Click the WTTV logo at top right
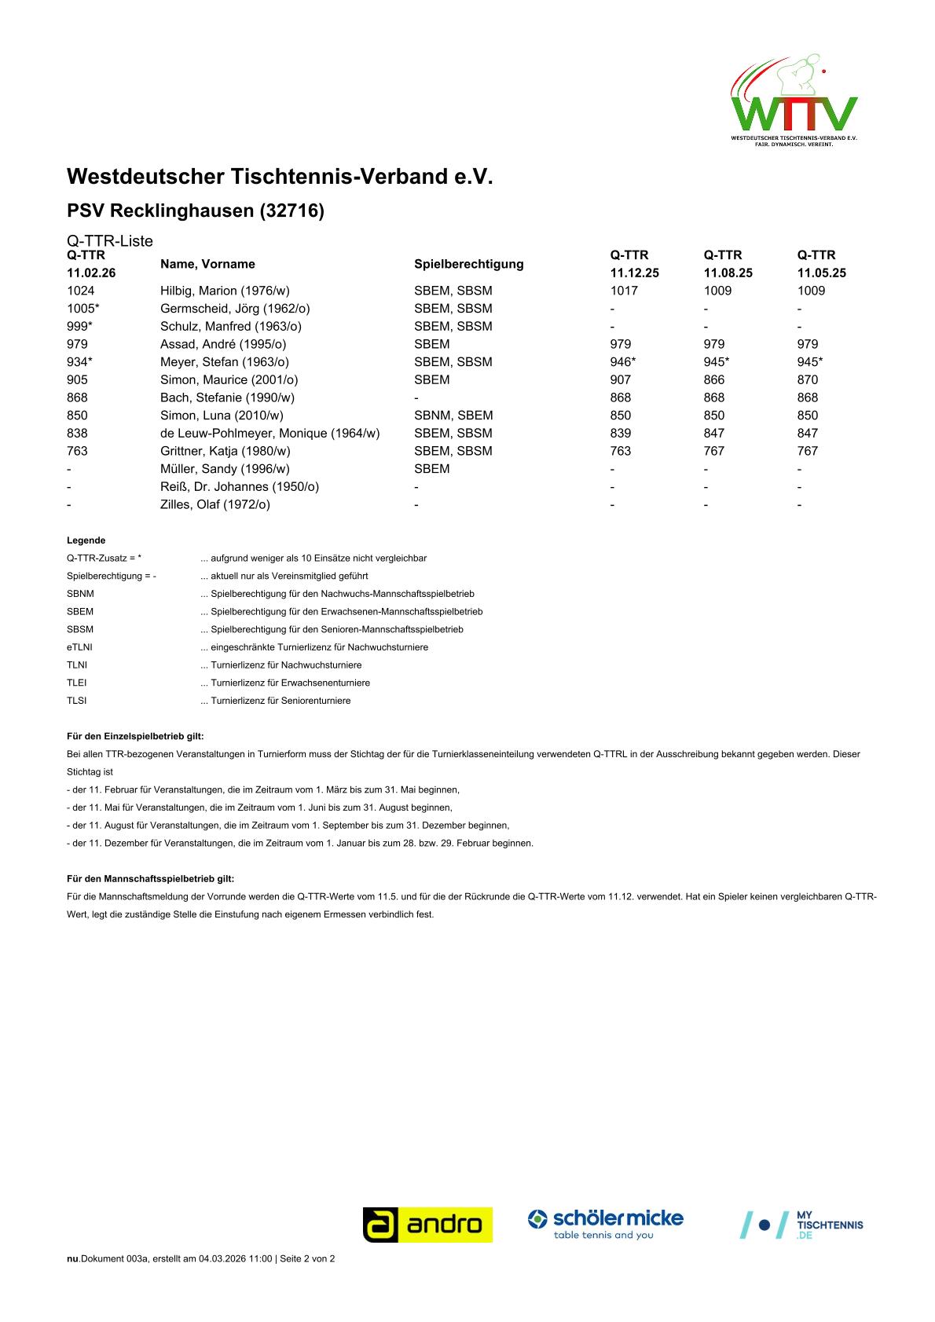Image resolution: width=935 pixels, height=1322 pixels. point(794,101)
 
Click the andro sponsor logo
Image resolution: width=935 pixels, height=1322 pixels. point(427,1225)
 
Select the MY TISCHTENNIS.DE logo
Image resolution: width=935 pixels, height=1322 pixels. point(802,1225)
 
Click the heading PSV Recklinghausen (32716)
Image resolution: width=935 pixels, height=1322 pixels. point(196,211)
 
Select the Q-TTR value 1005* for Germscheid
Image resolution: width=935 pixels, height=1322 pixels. point(83,309)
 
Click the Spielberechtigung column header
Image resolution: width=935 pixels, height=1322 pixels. point(468,264)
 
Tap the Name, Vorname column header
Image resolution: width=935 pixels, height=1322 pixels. point(207,264)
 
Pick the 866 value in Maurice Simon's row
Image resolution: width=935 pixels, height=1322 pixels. point(714,380)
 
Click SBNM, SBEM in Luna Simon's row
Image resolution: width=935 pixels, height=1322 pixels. point(453,416)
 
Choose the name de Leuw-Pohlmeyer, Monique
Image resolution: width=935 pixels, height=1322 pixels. point(269,434)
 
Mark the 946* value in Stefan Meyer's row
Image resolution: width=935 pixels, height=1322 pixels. point(623,362)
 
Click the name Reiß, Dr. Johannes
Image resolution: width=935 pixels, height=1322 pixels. point(240,487)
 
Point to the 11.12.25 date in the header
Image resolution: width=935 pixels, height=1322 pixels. point(634,273)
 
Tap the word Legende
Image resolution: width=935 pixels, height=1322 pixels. point(86,540)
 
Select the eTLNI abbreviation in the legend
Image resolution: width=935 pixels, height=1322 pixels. point(79,647)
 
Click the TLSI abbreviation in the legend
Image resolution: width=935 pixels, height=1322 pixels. point(77,701)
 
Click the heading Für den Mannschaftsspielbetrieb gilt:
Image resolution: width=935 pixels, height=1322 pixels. point(150,879)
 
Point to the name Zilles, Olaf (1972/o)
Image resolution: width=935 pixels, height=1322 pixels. point(215,505)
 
